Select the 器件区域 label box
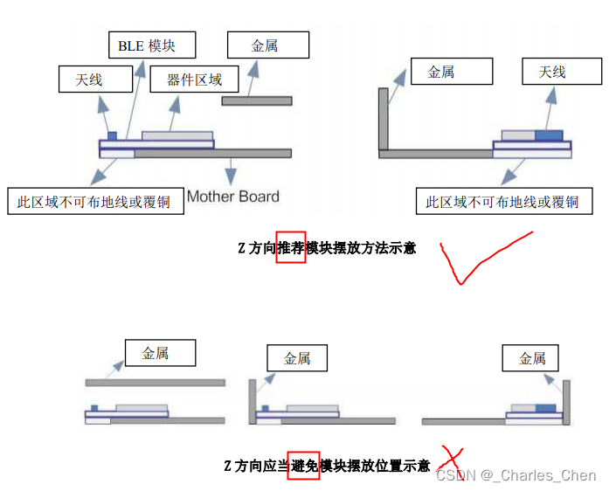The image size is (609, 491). tap(194, 80)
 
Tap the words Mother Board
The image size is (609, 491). tap(233, 196)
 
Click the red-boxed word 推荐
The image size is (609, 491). tap(291, 248)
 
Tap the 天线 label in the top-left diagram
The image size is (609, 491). tap(89, 80)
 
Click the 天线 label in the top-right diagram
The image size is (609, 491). tap(552, 72)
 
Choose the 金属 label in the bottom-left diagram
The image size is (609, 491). tap(156, 353)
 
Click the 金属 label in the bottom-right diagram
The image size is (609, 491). tap(533, 358)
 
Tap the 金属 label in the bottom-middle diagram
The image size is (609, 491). tap(298, 358)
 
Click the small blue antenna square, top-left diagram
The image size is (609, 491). tap(112, 135)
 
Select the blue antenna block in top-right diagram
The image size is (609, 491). tap(549, 135)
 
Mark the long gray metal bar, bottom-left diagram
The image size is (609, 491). tap(155, 383)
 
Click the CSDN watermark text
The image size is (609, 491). tap(516, 475)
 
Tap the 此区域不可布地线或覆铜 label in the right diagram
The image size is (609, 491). tap(502, 202)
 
